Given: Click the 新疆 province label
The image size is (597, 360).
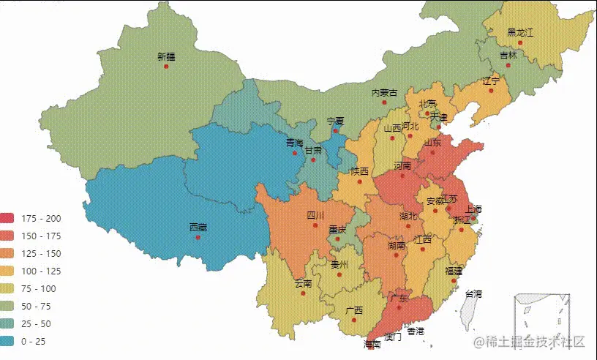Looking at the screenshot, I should pos(166,56).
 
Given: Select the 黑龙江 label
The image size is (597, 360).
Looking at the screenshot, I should pos(520,33).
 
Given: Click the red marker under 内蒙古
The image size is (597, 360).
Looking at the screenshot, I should pos(384,102).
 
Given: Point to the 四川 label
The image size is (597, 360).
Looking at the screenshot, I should pos(315,216).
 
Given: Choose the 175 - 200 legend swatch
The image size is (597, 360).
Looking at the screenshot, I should pos(8,218).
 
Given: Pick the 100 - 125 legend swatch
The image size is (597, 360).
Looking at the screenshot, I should pos(8,271).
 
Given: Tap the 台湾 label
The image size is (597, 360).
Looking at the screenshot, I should pos(473,293).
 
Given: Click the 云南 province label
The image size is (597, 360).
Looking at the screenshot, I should pos(303,283).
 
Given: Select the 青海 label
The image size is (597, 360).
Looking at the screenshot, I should pos(294,143).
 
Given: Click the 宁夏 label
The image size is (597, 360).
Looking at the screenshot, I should pos(335,121).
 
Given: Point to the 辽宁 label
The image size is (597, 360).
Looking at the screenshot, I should pos(491,80).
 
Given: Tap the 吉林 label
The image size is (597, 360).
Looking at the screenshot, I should pos(508,55).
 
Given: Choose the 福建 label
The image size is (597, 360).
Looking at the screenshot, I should pos(453,271).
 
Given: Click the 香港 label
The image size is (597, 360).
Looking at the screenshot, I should pos(416,331).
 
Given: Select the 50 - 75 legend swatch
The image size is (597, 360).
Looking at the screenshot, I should pos(8,306).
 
